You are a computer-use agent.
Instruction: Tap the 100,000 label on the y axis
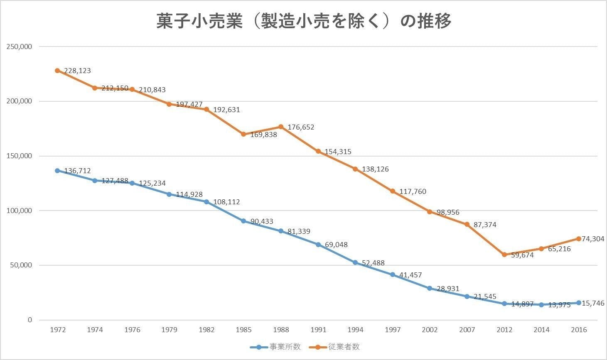tap(19, 211)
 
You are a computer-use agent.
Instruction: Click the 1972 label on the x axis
tap(58, 330)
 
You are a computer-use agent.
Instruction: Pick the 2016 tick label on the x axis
tap(579, 330)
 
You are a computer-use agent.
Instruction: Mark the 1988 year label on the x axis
tap(281, 330)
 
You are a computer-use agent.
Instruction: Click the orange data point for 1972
tap(57, 71)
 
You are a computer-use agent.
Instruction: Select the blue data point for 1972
tap(57, 171)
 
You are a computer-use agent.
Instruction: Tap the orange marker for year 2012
tap(504, 255)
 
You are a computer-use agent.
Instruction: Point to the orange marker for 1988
tap(281, 127)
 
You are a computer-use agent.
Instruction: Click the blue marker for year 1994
tap(355, 262)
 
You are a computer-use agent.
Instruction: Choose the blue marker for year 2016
tap(579, 303)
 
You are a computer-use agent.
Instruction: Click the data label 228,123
tap(77, 71)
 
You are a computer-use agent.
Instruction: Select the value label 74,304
tap(593, 239)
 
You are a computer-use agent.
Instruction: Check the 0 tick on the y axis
tap(29, 320)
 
